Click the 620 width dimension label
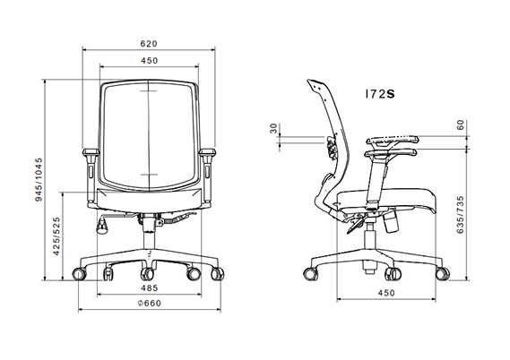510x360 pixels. coord(149,41)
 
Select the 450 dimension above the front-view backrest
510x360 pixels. coord(149,60)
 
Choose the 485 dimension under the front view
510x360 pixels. coord(149,289)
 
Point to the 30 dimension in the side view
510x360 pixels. coord(273,132)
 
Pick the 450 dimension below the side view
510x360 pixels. coord(387,292)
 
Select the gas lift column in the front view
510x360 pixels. coord(149,236)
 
